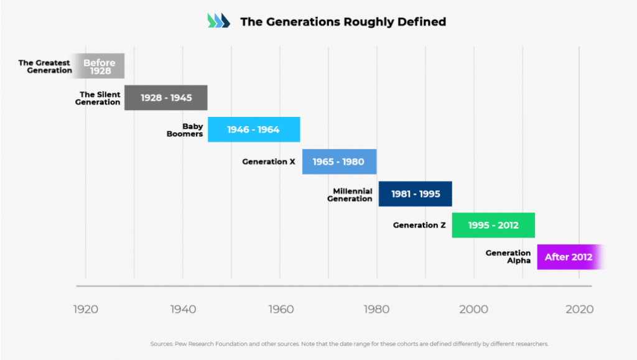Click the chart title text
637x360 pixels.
pos(343,22)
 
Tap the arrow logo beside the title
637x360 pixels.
pos(218,21)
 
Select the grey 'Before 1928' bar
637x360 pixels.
pos(100,67)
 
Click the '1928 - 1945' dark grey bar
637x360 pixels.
pos(166,98)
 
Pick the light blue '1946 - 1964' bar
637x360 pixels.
pos(253,129)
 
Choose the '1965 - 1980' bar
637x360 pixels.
pos(338,162)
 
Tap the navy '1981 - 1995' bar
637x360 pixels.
pos(415,193)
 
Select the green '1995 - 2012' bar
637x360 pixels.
pos(493,225)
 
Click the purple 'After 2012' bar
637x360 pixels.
pos(569,257)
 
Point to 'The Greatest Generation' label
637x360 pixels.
pos(44,67)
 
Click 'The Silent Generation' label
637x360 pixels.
pos(98,98)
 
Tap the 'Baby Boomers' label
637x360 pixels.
pos(185,130)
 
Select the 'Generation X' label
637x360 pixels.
pos(269,162)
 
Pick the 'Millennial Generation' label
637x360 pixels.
pos(352,195)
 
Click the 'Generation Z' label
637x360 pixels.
pos(419,225)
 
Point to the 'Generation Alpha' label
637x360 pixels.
pos(508,257)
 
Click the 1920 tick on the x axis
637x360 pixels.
pos(85,309)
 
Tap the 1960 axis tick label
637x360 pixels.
pos(280,309)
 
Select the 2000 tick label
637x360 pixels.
pos(474,309)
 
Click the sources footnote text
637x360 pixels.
pos(349,344)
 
